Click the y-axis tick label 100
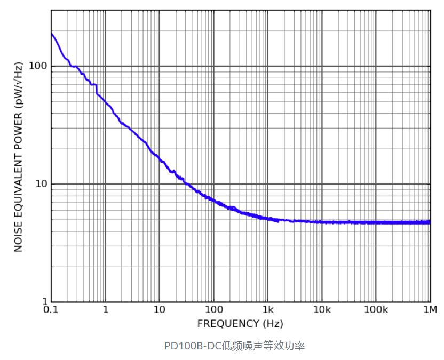(x=38, y=66)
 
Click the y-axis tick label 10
(x=41, y=184)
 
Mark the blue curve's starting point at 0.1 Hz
(x=52, y=34)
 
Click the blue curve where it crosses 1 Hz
(x=106, y=102)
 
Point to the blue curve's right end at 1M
(x=430, y=222)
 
